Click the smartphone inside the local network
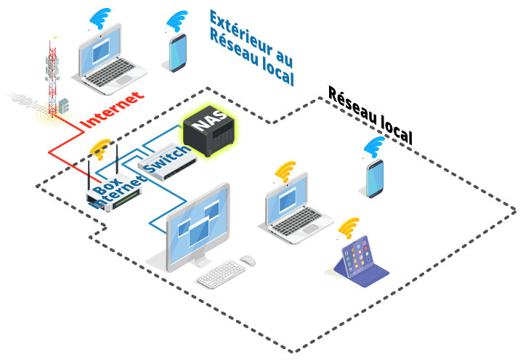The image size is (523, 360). (375, 179)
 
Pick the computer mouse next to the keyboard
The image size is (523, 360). (248, 260)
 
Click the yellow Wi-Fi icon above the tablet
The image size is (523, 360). (349, 227)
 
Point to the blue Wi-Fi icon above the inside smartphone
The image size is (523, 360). (375, 147)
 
